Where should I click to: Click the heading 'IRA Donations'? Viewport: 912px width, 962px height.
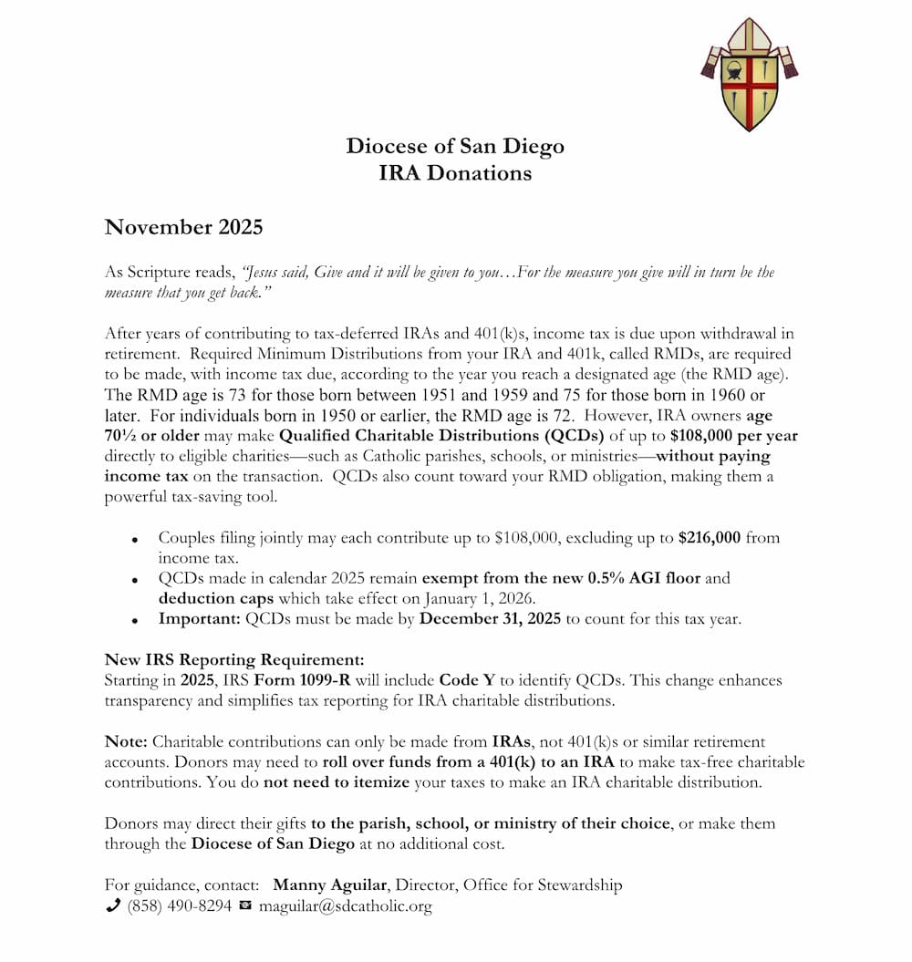click(x=455, y=172)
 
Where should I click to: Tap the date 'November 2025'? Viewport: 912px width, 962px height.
click(x=183, y=227)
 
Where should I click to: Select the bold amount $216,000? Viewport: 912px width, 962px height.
click(x=710, y=538)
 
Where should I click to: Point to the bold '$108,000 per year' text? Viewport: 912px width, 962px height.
click(x=734, y=436)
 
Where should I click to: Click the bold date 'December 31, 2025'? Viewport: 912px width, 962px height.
click(x=490, y=619)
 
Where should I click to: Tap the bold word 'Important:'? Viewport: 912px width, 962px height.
click(x=200, y=619)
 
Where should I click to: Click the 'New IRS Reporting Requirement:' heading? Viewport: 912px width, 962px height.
click(x=234, y=660)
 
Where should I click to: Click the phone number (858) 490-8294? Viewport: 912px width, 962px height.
click(x=180, y=906)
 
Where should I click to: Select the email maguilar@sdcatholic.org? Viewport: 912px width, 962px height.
click(x=345, y=906)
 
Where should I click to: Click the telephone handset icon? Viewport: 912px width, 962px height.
click(x=113, y=905)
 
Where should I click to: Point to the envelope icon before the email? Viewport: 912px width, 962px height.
click(x=244, y=906)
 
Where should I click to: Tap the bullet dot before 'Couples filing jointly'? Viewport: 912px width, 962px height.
click(x=135, y=540)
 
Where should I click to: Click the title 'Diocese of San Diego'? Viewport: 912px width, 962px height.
click(x=455, y=146)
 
